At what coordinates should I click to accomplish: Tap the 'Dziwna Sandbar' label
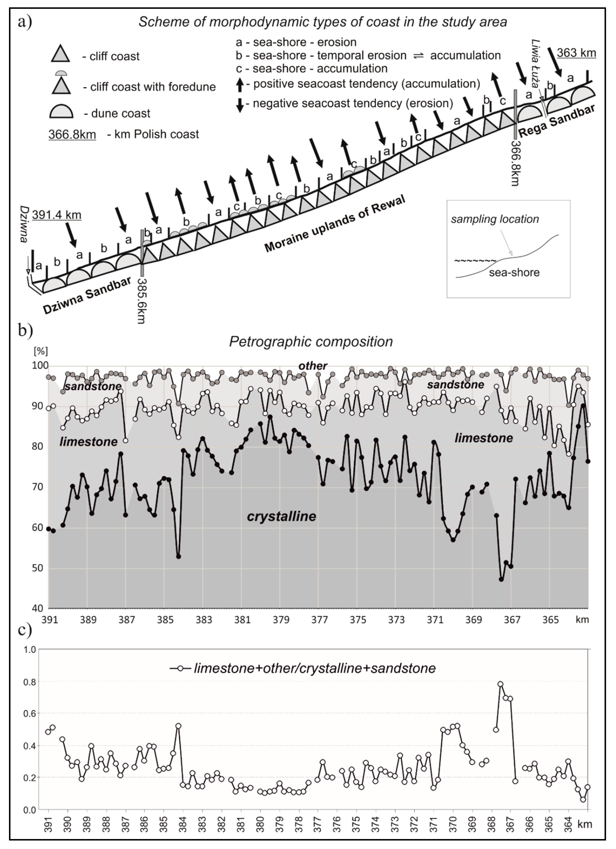click(x=87, y=296)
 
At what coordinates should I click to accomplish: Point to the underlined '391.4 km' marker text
click(x=57, y=215)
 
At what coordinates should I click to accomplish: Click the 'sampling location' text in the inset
click(x=495, y=219)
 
